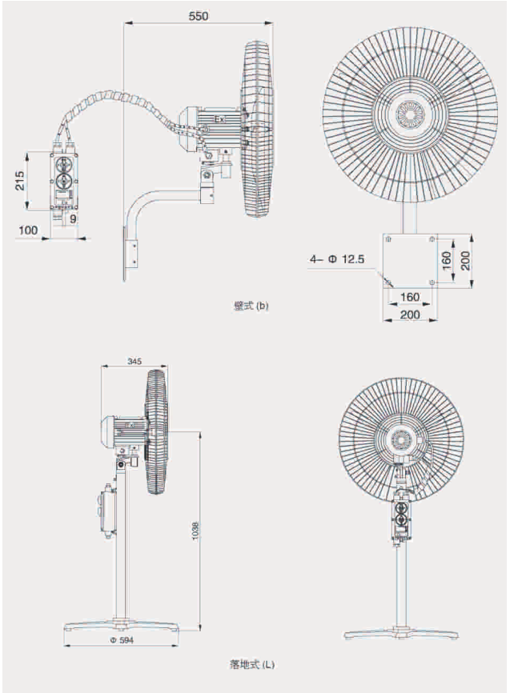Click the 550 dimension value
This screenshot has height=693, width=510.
pyautogui.click(x=198, y=15)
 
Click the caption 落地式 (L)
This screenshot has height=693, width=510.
pyautogui.click(x=251, y=664)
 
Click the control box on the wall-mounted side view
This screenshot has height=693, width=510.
pyautogui.click(x=64, y=181)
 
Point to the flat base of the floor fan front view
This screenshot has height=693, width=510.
pyautogui.click(x=400, y=631)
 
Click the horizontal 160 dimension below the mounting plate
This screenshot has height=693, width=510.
pyautogui.click(x=408, y=298)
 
